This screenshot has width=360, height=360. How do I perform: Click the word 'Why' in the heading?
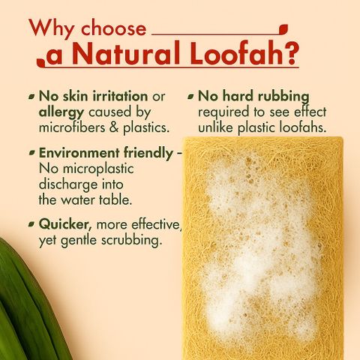coord(52,28)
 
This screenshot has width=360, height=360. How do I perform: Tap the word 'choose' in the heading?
coord(114,28)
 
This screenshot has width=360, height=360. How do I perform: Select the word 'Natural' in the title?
coord(126,53)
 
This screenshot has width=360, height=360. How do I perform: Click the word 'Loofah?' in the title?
coord(244,53)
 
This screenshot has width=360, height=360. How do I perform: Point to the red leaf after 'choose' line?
coord(283,28)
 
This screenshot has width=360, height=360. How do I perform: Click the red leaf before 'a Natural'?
coord(40,62)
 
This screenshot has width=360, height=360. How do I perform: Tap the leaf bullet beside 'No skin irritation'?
coord(31,97)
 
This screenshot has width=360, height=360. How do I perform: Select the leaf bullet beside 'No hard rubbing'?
coord(190,97)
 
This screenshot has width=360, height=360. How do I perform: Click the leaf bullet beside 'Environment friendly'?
coord(31,153)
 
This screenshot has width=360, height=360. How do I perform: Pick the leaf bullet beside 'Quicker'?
coord(31,224)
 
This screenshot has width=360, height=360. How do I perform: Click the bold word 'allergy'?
coord(61,113)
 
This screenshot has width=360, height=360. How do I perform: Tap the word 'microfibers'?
coord(72,127)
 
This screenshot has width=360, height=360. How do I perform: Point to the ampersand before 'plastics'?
coord(114,127)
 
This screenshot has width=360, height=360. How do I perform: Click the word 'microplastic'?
coord(98,169)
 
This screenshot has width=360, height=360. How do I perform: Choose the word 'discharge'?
coord(68,185)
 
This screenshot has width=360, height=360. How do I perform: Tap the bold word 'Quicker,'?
coord(65,224)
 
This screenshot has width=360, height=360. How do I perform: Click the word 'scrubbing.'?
coord(130,240)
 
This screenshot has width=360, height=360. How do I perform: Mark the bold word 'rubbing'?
coord(283,97)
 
